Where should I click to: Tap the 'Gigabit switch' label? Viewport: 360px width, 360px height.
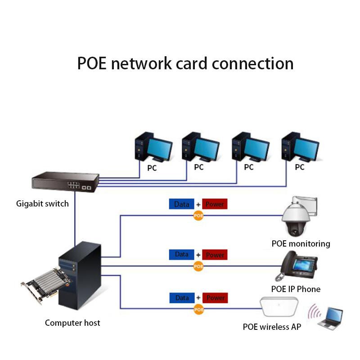pyautogui.click(x=42, y=203)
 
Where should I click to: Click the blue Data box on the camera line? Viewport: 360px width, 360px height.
pyautogui.click(x=182, y=204)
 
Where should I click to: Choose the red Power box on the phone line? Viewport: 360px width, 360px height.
pyautogui.click(x=215, y=255)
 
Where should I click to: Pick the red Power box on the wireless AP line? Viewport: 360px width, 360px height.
pyautogui.click(x=215, y=298)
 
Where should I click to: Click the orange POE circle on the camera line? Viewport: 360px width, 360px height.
pyautogui.click(x=198, y=216)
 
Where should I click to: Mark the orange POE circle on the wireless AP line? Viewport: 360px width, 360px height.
pyautogui.click(x=198, y=309)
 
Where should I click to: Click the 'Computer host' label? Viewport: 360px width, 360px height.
pyautogui.click(x=72, y=323)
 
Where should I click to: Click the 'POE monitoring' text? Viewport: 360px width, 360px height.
pyautogui.click(x=301, y=244)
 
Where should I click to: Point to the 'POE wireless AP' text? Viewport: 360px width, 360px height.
pyautogui.click(x=272, y=327)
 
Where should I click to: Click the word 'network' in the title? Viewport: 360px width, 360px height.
pyautogui.click(x=144, y=63)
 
